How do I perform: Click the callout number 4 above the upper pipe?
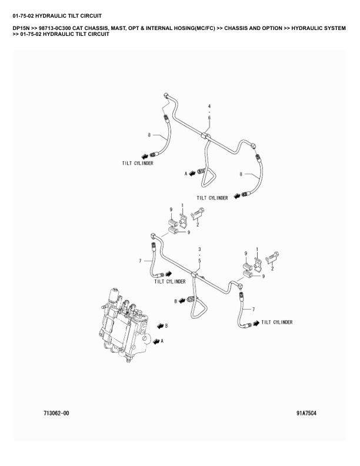(x=209, y=105)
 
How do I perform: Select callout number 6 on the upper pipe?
(x=209, y=117)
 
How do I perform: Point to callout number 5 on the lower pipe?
(x=199, y=260)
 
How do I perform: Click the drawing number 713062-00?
(x=56, y=413)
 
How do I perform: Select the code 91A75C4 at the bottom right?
(x=306, y=413)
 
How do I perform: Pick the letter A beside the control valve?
(x=163, y=340)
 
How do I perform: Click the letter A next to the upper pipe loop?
(x=185, y=174)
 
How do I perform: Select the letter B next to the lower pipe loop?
(x=175, y=301)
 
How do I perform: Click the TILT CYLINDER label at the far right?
(x=276, y=322)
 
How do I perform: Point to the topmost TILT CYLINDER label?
(x=137, y=163)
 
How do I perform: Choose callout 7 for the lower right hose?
(x=253, y=309)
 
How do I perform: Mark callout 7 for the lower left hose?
(x=141, y=261)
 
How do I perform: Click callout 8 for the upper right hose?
(x=241, y=174)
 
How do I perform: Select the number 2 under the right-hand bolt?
(x=272, y=268)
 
